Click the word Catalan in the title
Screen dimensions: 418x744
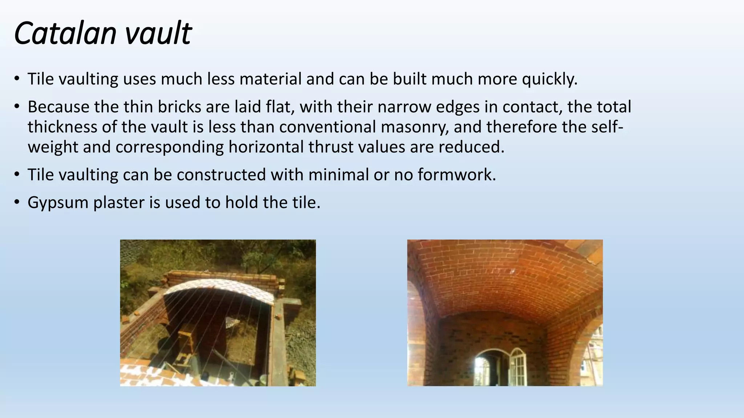65,33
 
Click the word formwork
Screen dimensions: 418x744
457,175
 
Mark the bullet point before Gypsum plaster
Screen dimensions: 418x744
17,202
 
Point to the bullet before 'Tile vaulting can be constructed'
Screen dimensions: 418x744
17,175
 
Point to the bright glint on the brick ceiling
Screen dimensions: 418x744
513,271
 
